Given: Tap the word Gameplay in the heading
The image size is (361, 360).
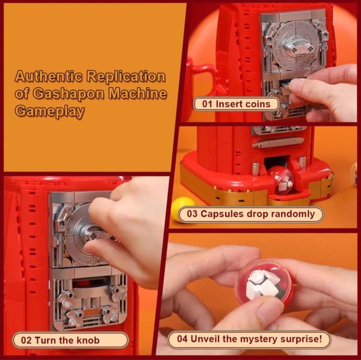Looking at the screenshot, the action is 49,111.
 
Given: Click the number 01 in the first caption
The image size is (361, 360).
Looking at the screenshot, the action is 207,104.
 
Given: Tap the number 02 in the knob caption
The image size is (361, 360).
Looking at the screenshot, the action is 26,340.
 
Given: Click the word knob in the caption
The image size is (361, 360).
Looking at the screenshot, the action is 88,340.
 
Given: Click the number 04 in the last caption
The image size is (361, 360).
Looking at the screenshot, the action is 183,339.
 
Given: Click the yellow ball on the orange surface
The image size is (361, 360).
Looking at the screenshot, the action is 183,209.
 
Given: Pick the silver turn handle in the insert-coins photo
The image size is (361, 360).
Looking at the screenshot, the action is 298,47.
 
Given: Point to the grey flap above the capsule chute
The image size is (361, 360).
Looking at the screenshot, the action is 278,142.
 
